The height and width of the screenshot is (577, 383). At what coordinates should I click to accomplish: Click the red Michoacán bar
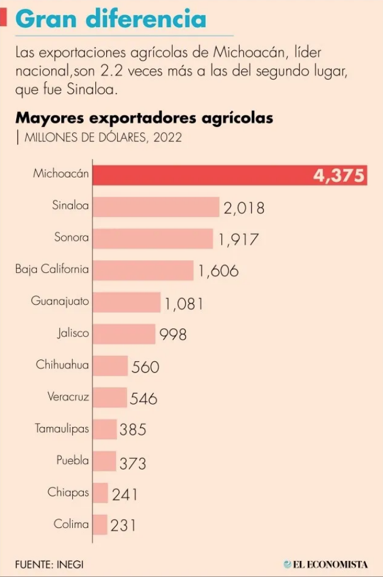[202, 175]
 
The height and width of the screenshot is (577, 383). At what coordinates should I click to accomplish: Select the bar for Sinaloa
[156, 207]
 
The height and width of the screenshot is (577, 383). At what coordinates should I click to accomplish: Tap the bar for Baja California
[143, 270]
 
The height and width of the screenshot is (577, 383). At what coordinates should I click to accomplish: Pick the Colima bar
[100, 524]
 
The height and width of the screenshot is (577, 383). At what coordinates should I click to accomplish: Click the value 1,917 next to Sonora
[238, 239]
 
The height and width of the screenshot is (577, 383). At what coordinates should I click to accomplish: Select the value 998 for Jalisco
[173, 334]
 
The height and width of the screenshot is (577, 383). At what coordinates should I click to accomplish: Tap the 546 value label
[144, 398]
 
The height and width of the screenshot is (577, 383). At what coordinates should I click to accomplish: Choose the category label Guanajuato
[60, 301]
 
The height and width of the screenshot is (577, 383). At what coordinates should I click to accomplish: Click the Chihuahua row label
[62, 365]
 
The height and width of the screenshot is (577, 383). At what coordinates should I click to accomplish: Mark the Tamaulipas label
[62, 429]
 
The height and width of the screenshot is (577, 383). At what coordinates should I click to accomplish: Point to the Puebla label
[73, 460]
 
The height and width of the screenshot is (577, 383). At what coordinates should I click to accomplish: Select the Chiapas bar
[100, 493]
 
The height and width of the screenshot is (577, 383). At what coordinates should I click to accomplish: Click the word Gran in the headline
[47, 19]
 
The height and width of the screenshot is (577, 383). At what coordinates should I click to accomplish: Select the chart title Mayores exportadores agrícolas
[144, 118]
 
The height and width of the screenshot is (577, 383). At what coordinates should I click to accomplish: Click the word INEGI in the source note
[70, 564]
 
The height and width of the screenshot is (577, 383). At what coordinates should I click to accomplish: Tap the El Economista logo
[326, 564]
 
